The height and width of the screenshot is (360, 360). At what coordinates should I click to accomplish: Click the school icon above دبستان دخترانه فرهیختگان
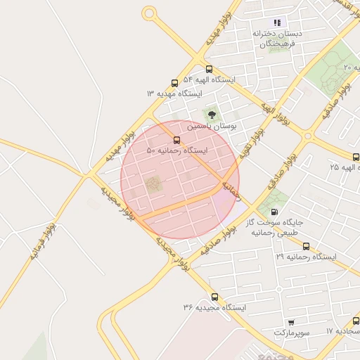click(x=277, y=22)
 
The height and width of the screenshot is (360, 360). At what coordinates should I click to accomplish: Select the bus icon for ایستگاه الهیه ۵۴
click(x=210, y=70)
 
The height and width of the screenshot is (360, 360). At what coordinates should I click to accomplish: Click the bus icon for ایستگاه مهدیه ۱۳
click(x=174, y=83)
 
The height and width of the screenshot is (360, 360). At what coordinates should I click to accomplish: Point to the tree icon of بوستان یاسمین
click(x=212, y=114)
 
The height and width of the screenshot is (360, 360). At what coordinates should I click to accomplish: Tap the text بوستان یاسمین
click(x=212, y=126)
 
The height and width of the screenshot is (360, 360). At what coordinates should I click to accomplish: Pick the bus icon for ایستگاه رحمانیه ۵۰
click(x=176, y=140)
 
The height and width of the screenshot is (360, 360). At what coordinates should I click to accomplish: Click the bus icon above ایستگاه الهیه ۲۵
click(x=356, y=157)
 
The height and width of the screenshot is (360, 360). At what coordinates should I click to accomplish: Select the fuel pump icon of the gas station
click(x=274, y=211)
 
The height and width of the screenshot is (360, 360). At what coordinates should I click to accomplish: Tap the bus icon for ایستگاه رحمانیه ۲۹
click(x=306, y=246)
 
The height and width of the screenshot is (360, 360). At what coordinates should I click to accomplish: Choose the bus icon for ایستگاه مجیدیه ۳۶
click(x=214, y=297)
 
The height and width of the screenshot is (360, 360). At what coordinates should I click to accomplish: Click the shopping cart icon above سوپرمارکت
click(x=291, y=322)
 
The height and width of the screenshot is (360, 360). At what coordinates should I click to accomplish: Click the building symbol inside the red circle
click(x=153, y=185)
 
